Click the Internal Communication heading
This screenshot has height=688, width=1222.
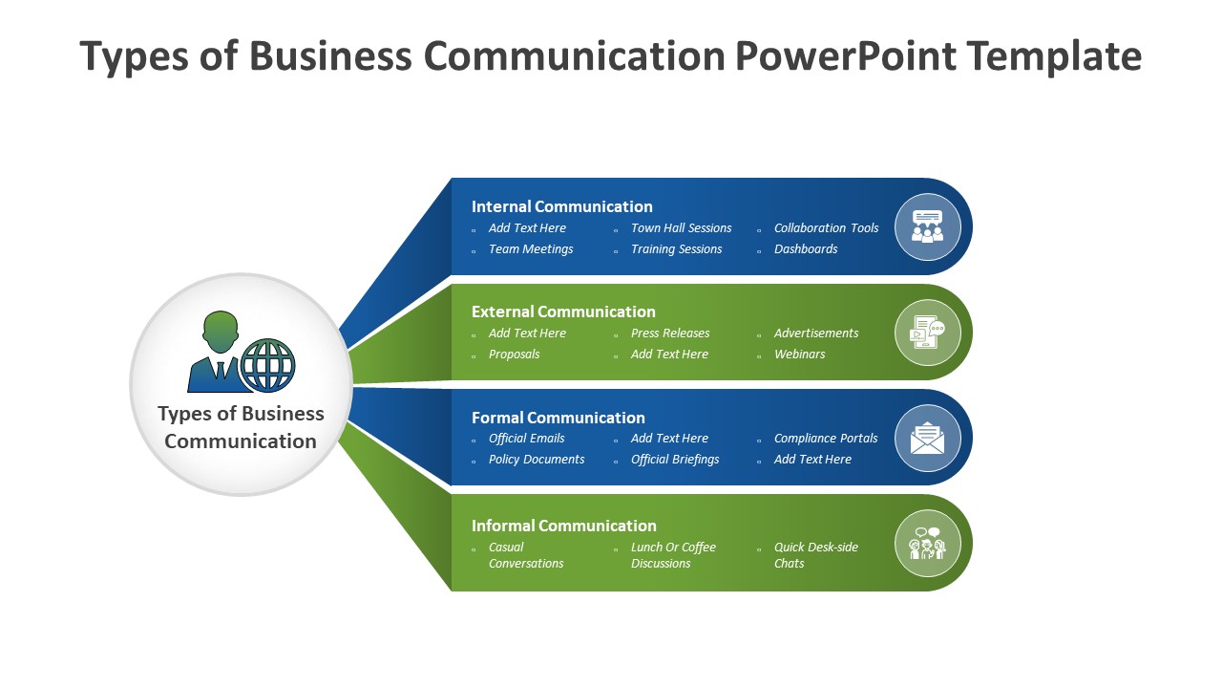tap(561, 206)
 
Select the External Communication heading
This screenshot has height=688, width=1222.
tap(563, 312)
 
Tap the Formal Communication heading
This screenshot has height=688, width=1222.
tap(558, 418)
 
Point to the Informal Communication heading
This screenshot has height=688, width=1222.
tap(563, 526)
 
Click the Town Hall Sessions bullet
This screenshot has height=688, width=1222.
tap(681, 228)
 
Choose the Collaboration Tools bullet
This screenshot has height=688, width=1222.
tap(826, 228)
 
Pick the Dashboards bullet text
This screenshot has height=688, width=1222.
tap(806, 249)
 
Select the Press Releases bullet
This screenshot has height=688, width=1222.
tap(670, 333)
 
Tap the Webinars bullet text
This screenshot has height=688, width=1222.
tap(799, 355)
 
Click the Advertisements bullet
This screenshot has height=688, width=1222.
tap(816, 333)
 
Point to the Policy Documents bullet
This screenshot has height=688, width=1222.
tap(537, 460)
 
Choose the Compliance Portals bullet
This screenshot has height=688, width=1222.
tap(826, 439)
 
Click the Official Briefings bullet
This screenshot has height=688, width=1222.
tap(675, 460)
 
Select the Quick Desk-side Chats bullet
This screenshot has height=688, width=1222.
tap(815, 555)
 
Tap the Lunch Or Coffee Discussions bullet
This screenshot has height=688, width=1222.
tap(673, 555)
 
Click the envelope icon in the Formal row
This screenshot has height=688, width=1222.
tap(927, 438)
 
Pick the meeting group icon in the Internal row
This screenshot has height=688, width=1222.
tap(927, 226)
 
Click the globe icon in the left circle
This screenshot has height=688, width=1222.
tap(267, 365)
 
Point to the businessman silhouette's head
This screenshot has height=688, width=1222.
tap(221, 331)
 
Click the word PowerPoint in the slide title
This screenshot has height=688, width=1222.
tap(845, 56)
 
